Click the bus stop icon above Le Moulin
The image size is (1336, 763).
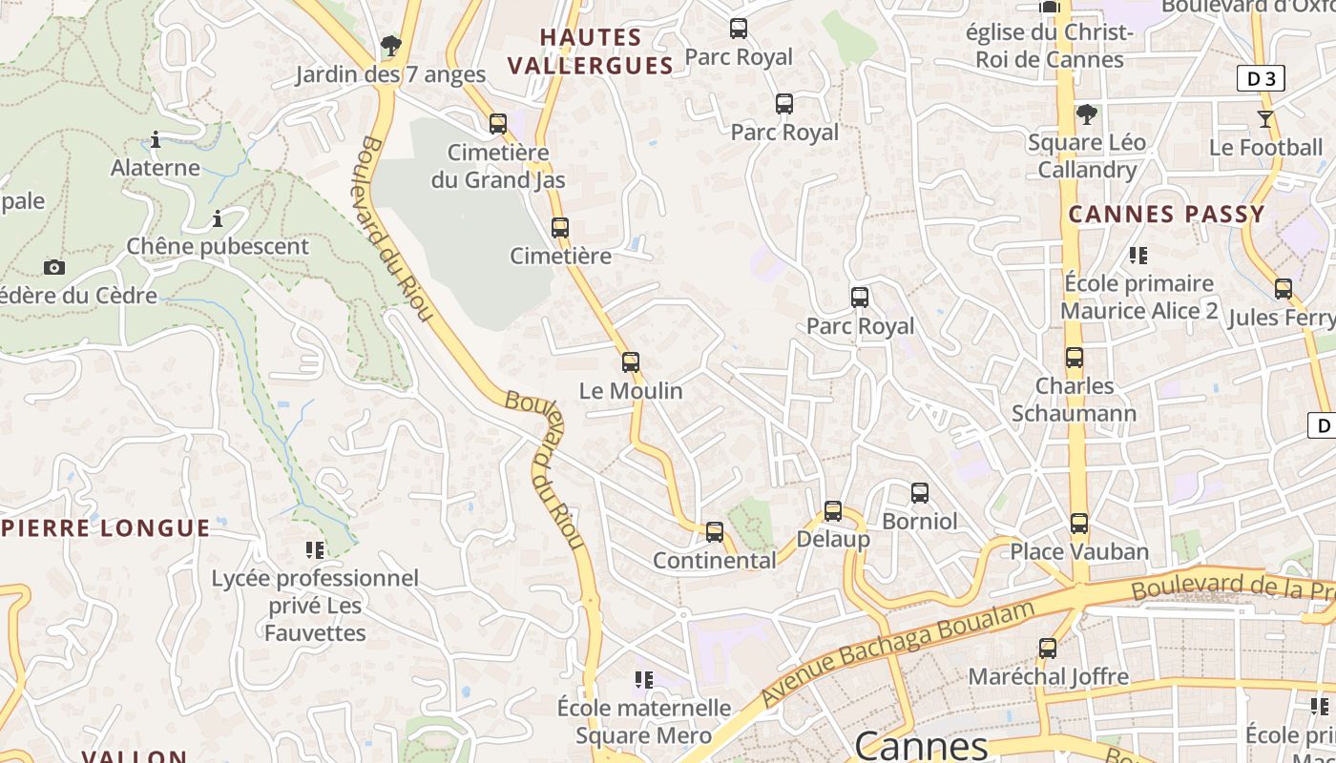pyautogui.click(x=630, y=362)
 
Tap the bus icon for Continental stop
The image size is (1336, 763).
pyautogui.click(x=715, y=532)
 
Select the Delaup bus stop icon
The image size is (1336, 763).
pyautogui.click(x=833, y=511)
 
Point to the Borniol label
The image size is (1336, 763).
pyautogui.click(x=919, y=522)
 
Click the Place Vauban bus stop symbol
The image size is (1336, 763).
pyautogui.click(x=1079, y=524)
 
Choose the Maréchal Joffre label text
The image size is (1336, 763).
pyautogui.click(x=1048, y=677)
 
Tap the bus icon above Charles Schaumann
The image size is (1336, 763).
pyautogui.click(x=1075, y=358)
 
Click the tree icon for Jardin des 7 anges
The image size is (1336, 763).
pyautogui.click(x=390, y=45)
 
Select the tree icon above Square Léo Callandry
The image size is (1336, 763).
pyautogui.click(x=1086, y=114)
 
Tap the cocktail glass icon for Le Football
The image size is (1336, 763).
pyautogui.click(x=1265, y=119)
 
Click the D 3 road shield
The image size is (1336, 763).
pyautogui.click(x=1261, y=78)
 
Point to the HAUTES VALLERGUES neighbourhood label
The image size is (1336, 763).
pyautogui.click(x=591, y=52)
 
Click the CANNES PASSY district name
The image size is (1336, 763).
pyautogui.click(x=1166, y=215)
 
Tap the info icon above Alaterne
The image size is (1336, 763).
pyautogui.click(x=156, y=140)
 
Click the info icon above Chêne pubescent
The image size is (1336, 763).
pyautogui.click(x=218, y=219)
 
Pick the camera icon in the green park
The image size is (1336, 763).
pyautogui.click(x=54, y=267)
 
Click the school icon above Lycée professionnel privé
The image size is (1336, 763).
pyautogui.click(x=315, y=549)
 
